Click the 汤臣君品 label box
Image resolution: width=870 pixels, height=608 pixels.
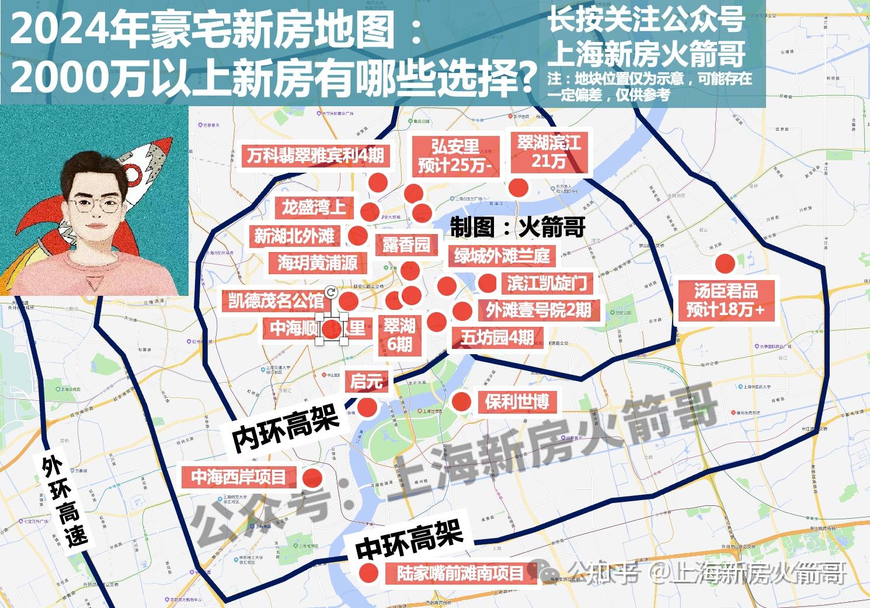725,300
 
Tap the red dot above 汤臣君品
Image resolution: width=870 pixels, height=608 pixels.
725,264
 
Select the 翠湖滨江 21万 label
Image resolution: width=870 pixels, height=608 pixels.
548,152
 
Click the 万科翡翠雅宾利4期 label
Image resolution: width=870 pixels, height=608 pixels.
315,155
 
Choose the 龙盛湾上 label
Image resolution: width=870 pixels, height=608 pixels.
314,207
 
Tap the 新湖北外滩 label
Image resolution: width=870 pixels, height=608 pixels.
294,236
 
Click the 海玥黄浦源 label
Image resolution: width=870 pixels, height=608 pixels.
317,263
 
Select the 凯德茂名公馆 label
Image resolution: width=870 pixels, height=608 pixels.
276,300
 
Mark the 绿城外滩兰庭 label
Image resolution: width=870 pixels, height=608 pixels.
502,256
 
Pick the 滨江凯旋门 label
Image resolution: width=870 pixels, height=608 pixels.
547,283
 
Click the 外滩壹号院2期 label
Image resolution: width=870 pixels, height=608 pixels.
538,310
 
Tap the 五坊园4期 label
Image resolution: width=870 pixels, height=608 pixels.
497,337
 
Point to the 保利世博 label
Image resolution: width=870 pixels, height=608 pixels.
517,401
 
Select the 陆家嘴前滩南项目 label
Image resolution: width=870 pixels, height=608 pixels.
460,573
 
